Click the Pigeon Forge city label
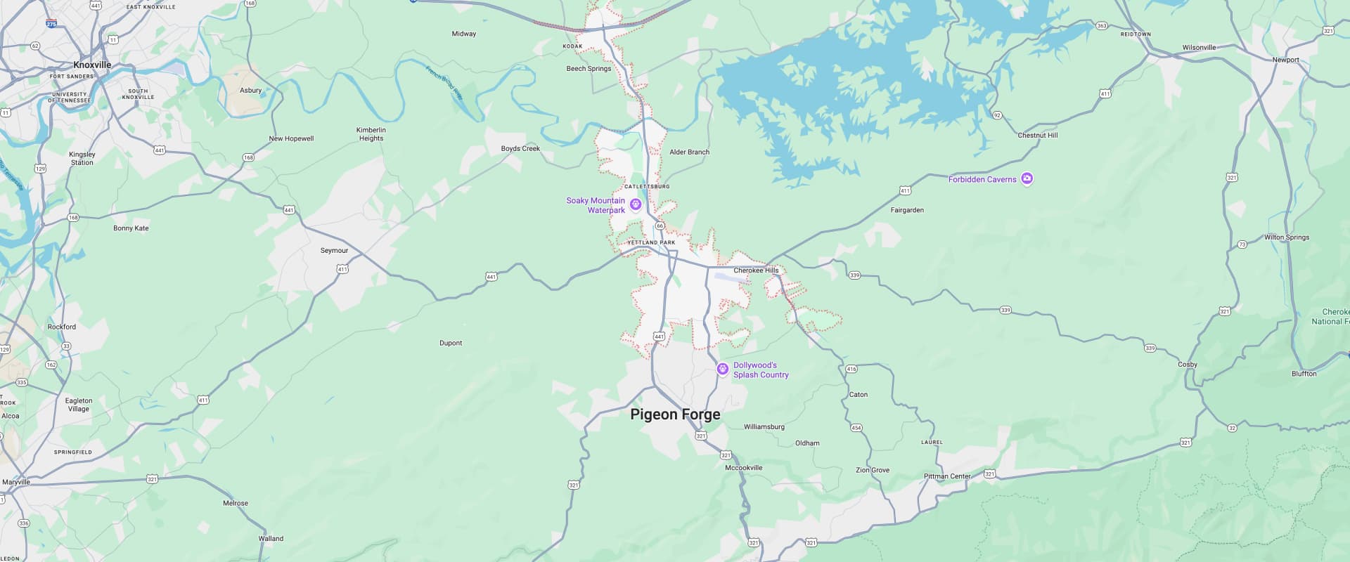click(675, 414)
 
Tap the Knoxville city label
click(92, 65)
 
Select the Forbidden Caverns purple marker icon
click(1027, 179)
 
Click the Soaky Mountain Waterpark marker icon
click(636, 204)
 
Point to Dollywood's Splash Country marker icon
click(722, 369)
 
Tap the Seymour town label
click(334, 251)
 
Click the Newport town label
click(1285, 60)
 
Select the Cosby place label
click(1187, 365)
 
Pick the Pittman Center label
click(946, 476)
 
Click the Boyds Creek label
click(520, 149)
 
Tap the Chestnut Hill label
click(1037, 135)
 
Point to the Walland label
click(271, 539)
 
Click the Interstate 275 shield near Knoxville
click(51, 24)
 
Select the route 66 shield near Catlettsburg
click(660, 226)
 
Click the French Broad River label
click(444, 83)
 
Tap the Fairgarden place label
click(907, 210)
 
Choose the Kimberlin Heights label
click(371, 134)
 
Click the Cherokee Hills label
click(756, 270)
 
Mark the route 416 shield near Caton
click(851, 369)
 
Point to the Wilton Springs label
click(1286, 237)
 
